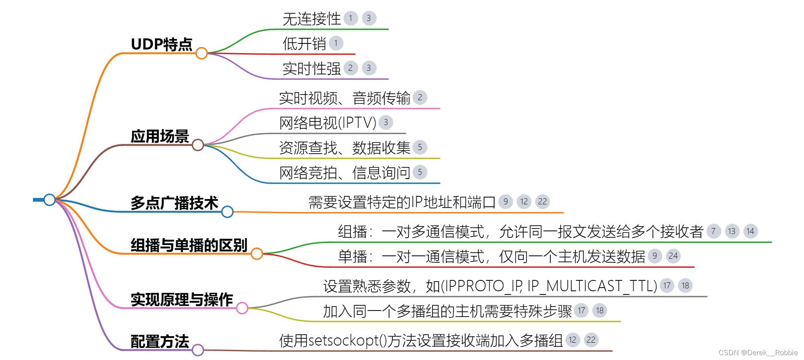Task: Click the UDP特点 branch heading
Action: [162, 44]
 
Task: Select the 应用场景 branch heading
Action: [160, 136]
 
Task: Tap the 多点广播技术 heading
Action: [174, 203]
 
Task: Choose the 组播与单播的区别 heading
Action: [189, 245]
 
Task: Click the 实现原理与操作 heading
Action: [182, 300]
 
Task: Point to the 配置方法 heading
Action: [160, 341]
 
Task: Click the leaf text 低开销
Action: [304, 43]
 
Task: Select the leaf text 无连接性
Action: [311, 19]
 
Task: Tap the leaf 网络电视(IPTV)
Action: [327, 123]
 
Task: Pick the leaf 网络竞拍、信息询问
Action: [344, 173]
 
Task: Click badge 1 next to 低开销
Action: [336, 43]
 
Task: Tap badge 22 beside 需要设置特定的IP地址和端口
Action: [542, 202]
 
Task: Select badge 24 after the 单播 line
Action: [673, 256]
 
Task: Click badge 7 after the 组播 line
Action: [714, 231]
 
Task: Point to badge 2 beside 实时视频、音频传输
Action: [420, 97]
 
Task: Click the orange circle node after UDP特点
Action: [202, 53]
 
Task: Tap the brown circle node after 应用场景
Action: [197, 145]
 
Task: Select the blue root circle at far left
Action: [49, 200]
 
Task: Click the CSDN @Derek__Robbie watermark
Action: [758, 353]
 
